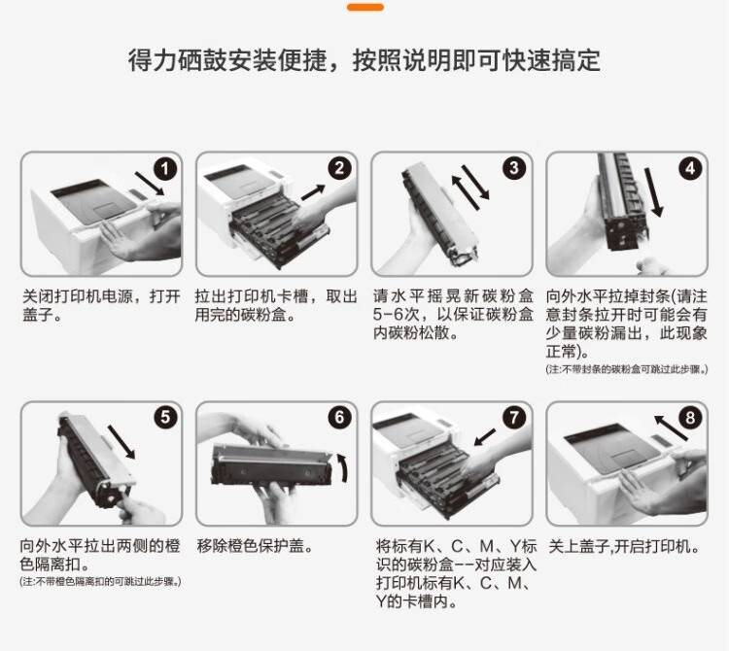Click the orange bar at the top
[365, 7]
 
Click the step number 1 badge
[165, 169]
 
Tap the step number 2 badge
[340, 168]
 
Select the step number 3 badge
[514, 168]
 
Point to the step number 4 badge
[690, 168]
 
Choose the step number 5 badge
[165, 417]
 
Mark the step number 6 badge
[340, 417]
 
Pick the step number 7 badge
[514, 417]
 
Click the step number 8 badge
[690, 417]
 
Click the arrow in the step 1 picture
[150, 184]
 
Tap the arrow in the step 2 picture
[313, 192]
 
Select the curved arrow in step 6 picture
[343, 468]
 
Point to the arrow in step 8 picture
[671, 428]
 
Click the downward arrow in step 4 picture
[653, 192]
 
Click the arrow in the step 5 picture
[121, 442]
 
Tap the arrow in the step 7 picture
[484, 437]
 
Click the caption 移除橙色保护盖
[254, 545]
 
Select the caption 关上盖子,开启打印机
[624, 546]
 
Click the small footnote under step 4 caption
[627, 369]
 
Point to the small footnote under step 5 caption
[100, 581]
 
